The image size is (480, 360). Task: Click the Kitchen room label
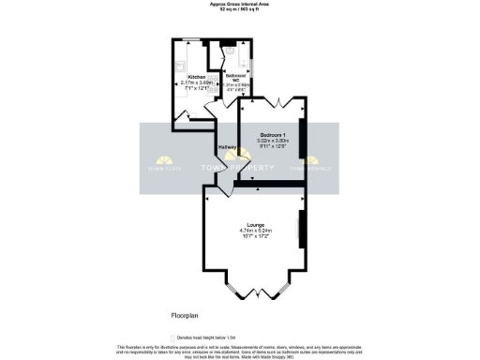click(x=197, y=76)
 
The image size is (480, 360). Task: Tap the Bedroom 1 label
click(x=275, y=135)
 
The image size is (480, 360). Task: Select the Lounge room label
click(x=255, y=224)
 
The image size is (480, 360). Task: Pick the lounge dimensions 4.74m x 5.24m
click(x=255, y=231)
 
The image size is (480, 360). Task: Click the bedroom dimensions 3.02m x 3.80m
click(x=275, y=141)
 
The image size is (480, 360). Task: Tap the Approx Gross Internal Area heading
click(x=240, y=4)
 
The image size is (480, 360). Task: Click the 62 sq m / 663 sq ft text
click(x=240, y=9)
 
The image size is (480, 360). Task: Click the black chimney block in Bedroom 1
click(x=301, y=132)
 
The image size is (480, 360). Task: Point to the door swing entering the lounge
click(x=214, y=190)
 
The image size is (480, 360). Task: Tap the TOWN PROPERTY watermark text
click(x=240, y=169)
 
